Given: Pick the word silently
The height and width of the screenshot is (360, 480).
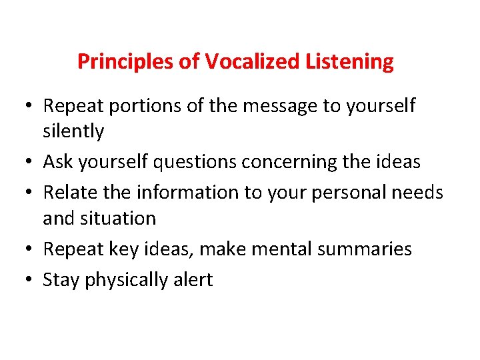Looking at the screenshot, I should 73,131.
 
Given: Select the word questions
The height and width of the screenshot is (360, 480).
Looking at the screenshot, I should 197,162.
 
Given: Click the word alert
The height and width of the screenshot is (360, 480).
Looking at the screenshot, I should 191,280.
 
